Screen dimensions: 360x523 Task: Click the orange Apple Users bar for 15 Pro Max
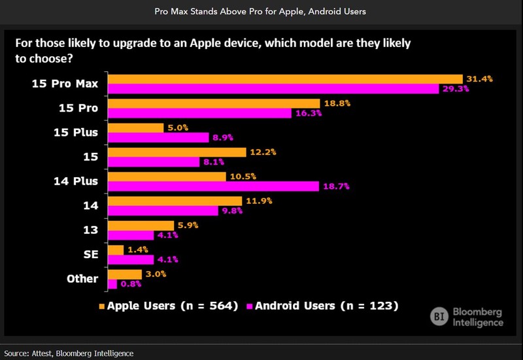(x=285, y=78)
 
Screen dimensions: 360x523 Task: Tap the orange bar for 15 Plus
(x=136, y=127)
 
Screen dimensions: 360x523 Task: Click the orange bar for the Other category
(x=125, y=274)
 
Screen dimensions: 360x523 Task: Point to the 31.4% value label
(x=479, y=78)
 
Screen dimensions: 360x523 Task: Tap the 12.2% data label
(x=263, y=152)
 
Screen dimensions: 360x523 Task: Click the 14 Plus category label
(x=75, y=181)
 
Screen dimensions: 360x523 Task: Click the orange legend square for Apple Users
(x=101, y=306)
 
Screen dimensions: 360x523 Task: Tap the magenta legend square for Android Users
(x=249, y=306)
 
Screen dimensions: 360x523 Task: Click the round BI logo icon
(x=439, y=316)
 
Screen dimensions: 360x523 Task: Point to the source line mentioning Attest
(x=69, y=353)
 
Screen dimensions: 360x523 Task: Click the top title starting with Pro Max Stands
(x=261, y=12)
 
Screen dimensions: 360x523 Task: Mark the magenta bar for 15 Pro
(x=199, y=113)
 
